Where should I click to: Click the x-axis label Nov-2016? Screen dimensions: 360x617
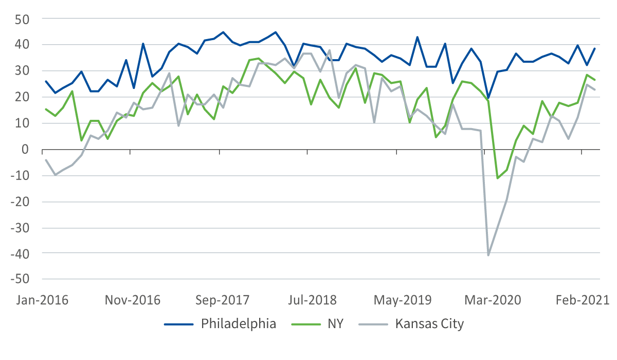[x=133, y=300]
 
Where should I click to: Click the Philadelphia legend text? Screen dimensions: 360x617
[x=239, y=324]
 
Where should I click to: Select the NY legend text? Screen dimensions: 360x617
[x=335, y=324]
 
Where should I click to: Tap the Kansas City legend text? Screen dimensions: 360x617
[x=429, y=324]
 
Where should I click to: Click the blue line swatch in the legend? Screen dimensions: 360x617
[x=179, y=325]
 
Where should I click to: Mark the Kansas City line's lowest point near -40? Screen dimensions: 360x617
[x=488, y=255]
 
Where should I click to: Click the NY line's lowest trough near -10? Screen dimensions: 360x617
[x=497, y=178]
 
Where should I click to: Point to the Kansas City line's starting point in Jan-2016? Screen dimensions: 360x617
[x=46, y=159]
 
